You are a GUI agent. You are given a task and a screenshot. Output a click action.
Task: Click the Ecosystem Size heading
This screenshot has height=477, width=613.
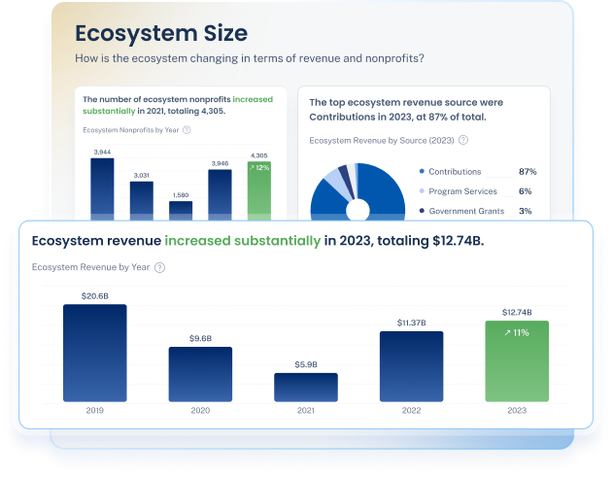coord(160,35)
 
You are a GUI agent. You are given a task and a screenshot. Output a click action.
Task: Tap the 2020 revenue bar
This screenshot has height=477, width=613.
coord(200,374)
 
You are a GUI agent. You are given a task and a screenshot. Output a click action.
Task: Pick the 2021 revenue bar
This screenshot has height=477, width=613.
coord(305,387)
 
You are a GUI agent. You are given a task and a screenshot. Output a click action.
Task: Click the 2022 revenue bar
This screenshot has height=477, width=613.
coord(411,366)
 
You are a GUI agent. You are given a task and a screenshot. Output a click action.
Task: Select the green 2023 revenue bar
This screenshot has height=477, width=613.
coord(516,361)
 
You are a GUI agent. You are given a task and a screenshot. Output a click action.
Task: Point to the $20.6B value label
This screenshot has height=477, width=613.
coord(94,294)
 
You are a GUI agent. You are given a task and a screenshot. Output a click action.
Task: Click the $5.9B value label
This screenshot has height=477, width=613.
coord(305,363)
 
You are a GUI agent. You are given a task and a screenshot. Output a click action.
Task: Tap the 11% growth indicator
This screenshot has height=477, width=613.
coord(516,333)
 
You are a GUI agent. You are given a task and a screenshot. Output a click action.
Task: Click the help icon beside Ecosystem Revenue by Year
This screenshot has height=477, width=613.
coord(159,267)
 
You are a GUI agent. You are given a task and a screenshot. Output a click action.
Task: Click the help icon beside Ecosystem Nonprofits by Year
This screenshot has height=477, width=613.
coord(187,129)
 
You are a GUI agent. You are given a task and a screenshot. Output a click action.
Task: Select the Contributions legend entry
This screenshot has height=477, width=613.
coord(456,172)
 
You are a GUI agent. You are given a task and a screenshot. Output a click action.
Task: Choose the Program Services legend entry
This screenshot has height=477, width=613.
coord(462,191)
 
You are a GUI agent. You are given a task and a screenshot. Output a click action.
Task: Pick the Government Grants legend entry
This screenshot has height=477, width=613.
coord(466,211)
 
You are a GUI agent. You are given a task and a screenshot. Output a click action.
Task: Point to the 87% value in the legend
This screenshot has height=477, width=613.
coord(528,172)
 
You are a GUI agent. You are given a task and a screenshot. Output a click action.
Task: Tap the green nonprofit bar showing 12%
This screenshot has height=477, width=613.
coord(258,189)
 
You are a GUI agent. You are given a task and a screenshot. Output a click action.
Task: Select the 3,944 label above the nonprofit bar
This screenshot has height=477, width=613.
coord(102,152)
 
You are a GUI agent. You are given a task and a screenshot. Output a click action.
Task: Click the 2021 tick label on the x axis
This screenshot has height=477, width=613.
coord(305,411)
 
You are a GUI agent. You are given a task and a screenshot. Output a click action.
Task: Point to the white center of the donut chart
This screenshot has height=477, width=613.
coord(358,209)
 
